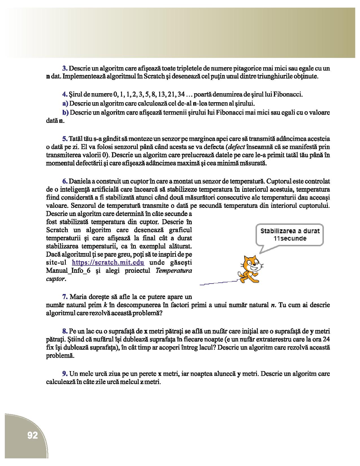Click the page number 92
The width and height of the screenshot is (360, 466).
click(x=33, y=435)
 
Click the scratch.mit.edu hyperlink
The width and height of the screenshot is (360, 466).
click(x=108, y=262)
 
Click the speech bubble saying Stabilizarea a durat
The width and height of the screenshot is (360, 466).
click(x=290, y=235)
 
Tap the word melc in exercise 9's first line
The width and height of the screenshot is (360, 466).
click(x=84, y=374)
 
